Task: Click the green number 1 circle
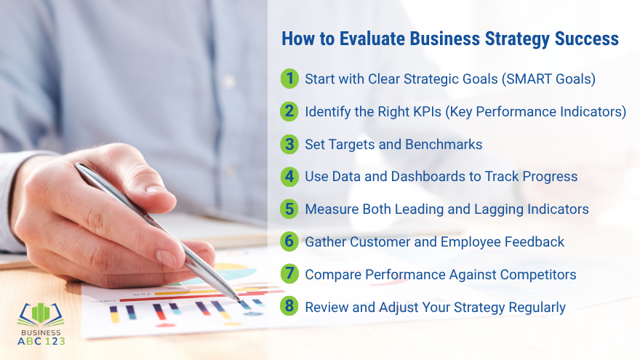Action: click(x=290, y=79)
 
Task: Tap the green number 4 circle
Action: click(x=290, y=176)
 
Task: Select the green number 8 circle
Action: click(x=290, y=306)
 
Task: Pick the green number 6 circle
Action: click(x=290, y=241)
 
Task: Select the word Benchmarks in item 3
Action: click(x=444, y=144)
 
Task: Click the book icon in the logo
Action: click(x=41, y=313)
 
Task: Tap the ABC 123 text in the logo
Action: click(x=41, y=340)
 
